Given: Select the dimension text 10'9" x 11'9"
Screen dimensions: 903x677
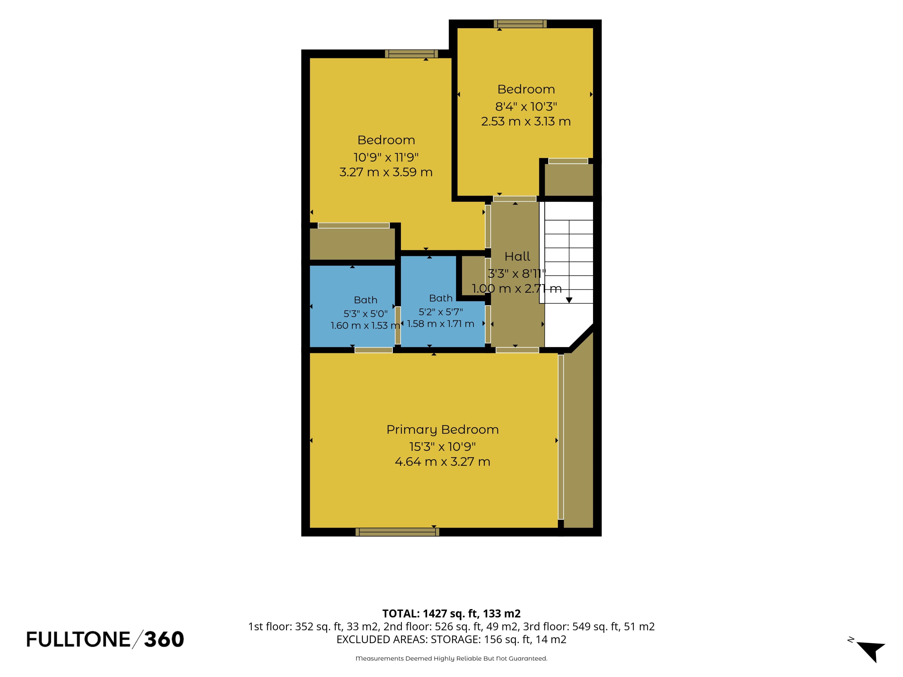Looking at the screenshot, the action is point(386,157).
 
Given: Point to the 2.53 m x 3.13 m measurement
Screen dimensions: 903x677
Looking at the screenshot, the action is point(526,121).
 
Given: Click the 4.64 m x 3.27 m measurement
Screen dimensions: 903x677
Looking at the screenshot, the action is point(443,461).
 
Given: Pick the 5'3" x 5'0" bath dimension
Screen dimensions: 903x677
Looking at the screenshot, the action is point(365,313).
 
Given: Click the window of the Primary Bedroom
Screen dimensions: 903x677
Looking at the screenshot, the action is point(397,532).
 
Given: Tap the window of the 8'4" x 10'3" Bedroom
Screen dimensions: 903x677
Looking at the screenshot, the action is point(520,24).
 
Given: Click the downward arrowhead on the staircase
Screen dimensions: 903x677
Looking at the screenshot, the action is point(569,300).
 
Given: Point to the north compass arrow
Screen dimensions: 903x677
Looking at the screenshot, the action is point(871,652).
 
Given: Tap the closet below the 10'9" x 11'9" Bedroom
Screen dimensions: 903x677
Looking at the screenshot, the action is point(352,244).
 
